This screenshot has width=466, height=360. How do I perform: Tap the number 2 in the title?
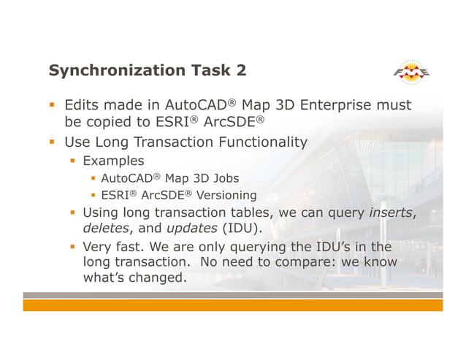(x=240, y=71)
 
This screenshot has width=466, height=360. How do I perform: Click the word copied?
(x=111, y=123)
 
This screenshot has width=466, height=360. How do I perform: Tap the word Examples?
(x=113, y=160)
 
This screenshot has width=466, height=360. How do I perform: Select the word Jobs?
(x=223, y=177)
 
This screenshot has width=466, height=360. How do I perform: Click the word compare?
(x=321, y=261)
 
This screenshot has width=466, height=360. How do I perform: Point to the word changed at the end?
(x=156, y=277)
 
